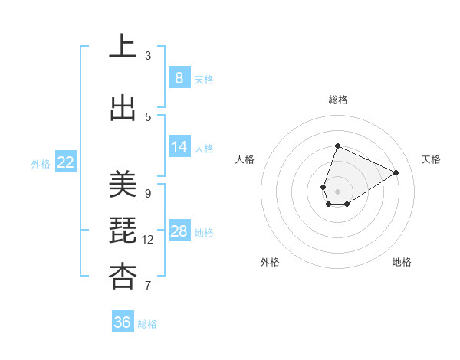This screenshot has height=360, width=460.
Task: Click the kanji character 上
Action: pyautogui.click(x=123, y=47)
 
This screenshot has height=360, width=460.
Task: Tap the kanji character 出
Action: pyautogui.click(x=123, y=109)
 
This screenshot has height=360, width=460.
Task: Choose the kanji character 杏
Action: pyautogui.click(x=123, y=277)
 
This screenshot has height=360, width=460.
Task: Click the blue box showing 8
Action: pyautogui.click(x=179, y=77)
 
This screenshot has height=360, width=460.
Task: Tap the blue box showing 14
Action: pyautogui.click(x=179, y=147)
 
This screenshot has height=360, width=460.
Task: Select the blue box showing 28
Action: pyautogui.click(x=179, y=231)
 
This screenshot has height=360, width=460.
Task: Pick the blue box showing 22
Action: pyautogui.click(x=66, y=162)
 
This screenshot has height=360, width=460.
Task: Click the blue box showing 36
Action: pyautogui.click(x=123, y=322)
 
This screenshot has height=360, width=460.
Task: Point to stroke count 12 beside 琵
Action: pyautogui.click(x=148, y=240)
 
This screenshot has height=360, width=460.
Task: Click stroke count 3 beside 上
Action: pyautogui.click(x=148, y=55)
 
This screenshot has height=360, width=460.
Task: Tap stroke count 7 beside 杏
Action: pyautogui.click(x=148, y=286)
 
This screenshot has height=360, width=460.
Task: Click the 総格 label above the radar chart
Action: pyautogui.click(x=337, y=100)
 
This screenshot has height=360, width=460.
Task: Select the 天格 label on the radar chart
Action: pyautogui.click(x=431, y=159)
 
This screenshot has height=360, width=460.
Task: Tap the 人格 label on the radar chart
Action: pyautogui.click(x=245, y=159)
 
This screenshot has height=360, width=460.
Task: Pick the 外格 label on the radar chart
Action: pyautogui.click(x=269, y=262)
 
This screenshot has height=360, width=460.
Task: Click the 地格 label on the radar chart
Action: pyautogui.click(x=402, y=262)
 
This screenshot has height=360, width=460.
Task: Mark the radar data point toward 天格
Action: pyautogui.click(x=396, y=172)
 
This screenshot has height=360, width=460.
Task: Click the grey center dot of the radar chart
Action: pyautogui.click(x=337, y=191)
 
